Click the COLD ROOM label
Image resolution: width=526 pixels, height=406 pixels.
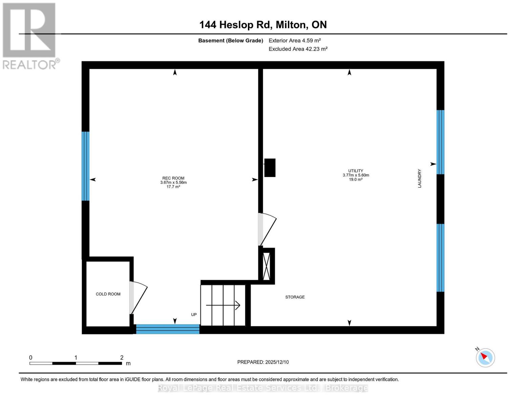click(108, 294)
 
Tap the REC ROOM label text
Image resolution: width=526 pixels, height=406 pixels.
click(173, 178)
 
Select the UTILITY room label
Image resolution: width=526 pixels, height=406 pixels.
click(356, 171)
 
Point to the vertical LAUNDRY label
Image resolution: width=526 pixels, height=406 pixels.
click(419, 178)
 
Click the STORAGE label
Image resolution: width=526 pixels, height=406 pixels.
click(295, 297)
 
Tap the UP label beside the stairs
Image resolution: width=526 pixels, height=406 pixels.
click(194, 315)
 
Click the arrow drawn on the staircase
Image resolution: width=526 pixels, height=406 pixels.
click(223, 306)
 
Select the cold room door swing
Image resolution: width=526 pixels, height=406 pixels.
click(138, 297)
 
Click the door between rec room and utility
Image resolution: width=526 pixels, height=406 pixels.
click(267, 229)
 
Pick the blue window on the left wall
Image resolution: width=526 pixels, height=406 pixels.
click(85, 166)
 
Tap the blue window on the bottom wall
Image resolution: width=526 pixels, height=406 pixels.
click(168, 329)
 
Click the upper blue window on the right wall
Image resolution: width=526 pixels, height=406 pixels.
click(440, 142)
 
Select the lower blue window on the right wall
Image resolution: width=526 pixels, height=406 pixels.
click(440, 257)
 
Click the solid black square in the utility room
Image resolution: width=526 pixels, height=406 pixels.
click(270, 167)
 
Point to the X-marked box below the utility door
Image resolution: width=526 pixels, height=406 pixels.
click(267, 266)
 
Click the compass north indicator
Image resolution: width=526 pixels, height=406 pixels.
click(485, 357)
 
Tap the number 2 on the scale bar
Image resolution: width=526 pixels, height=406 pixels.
click(122, 358)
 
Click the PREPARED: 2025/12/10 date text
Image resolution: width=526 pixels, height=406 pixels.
click(263, 362)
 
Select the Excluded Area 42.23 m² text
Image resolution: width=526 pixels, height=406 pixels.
click(298, 49)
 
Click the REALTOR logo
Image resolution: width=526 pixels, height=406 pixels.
click(30, 36)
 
